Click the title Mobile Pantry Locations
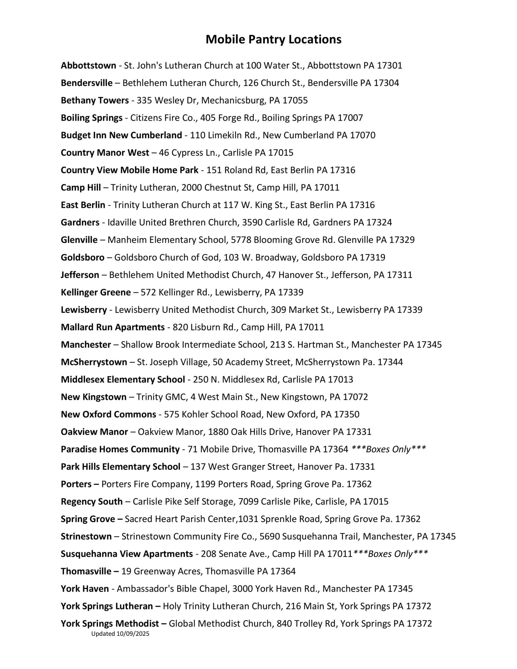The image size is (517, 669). (x=273, y=40)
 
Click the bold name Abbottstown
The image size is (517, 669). (x=88, y=66)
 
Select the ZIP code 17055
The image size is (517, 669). (x=295, y=100)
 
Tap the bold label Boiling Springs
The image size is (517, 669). (x=91, y=118)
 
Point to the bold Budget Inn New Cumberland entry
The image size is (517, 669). (x=121, y=135)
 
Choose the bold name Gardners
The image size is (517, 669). (x=80, y=222)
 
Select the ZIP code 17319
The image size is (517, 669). (x=372, y=257)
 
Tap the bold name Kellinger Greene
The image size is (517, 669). (x=96, y=292)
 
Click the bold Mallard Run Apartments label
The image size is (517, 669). (x=113, y=327)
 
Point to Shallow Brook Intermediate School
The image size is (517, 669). (x=193, y=345)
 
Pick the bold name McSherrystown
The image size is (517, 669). (x=94, y=362)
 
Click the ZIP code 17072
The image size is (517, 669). (x=355, y=397)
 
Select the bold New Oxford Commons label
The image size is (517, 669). (x=108, y=415)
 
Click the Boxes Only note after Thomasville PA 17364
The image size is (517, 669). (x=389, y=449)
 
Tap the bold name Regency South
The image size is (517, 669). (x=91, y=502)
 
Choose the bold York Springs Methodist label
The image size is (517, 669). (x=110, y=624)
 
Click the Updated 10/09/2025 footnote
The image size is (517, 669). (x=120, y=634)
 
